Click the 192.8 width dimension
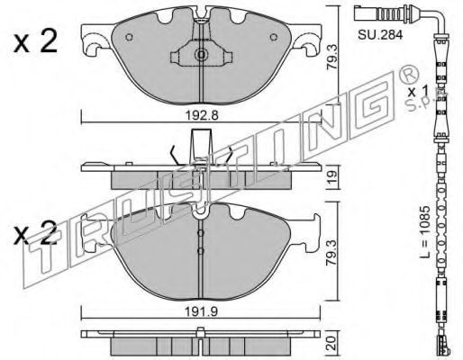[x=202, y=115]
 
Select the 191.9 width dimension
[x=201, y=312]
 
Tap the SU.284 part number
[x=380, y=35]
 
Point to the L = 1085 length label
[x=425, y=231]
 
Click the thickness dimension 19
[x=332, y=178]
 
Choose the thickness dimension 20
[x=332, y=343]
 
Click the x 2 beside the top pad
[x=35, y=42]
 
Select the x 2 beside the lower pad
[x=35, y=233]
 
